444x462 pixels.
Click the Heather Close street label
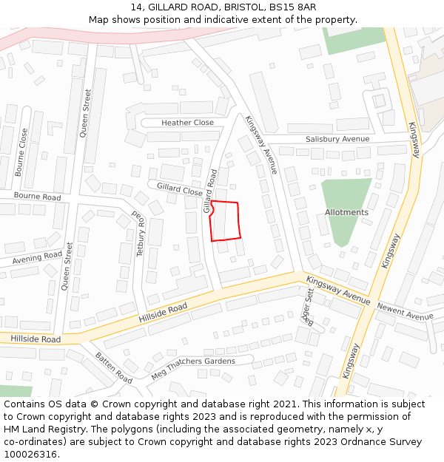187,123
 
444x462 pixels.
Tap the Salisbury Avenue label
337,139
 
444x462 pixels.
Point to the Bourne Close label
23,152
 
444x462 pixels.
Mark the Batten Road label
113,367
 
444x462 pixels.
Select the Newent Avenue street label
405,311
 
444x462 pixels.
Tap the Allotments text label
346,212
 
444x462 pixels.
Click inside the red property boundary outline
226,221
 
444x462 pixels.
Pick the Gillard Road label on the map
211,191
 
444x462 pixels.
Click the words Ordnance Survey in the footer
388,442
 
